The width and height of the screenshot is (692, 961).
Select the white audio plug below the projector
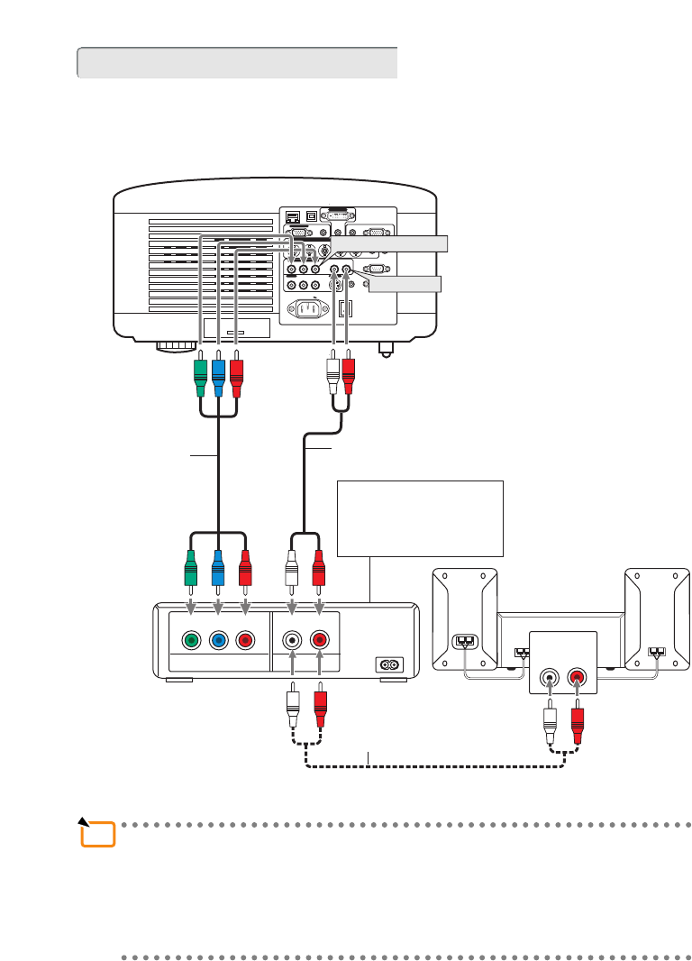pos(333,374)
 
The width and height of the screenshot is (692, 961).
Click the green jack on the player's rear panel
pos(189,640)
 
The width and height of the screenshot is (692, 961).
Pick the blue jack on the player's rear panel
pos(217,640)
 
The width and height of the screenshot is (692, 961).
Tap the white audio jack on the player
pos(291,640)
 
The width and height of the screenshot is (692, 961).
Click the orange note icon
pos(94,834)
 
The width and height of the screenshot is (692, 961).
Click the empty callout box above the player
pos(419,518)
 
